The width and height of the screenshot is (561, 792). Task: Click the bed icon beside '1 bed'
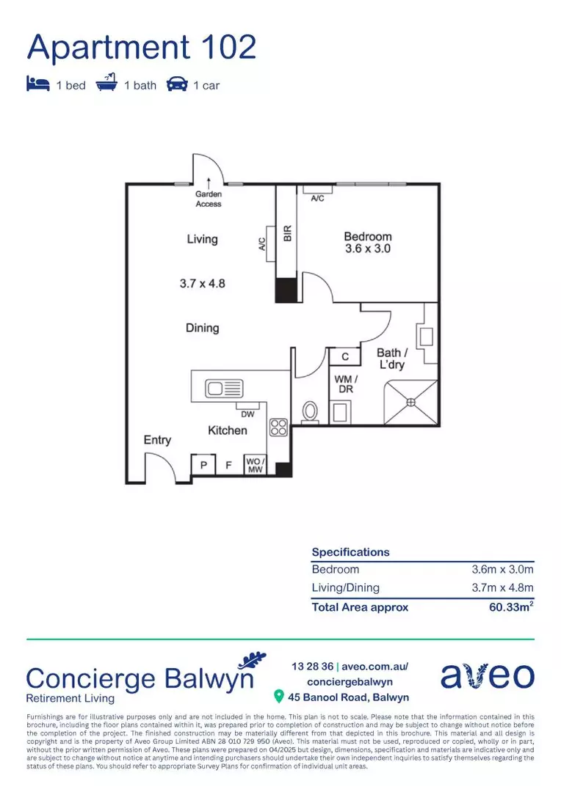[38, 84]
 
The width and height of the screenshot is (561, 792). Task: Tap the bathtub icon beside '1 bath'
[106, 84]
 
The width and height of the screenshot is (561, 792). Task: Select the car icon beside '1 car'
[177, 84]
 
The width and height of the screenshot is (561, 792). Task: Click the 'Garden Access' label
[209, 199]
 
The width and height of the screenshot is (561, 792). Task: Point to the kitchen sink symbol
[225, 387]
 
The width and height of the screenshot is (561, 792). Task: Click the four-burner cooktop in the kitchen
[278, 428]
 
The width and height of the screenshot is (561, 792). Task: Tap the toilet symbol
[310, 412]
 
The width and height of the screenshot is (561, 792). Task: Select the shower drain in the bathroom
[412, 401]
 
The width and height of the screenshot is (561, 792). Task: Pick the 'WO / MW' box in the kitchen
[255, 465]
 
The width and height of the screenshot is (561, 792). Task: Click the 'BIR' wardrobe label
[288, 235]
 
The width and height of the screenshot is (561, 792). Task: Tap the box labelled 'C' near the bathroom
[344, 356]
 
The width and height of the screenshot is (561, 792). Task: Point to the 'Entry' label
[157, 440]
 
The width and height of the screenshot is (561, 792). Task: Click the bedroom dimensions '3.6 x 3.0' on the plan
[368, 249]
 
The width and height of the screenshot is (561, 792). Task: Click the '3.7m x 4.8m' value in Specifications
[502, 587]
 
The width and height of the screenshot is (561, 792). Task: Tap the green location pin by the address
[279, 697]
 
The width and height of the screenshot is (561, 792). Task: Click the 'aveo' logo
[488, 675]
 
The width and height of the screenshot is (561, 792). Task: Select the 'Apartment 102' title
[142, 48]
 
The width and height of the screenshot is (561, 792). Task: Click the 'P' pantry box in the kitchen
[203, 465]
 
